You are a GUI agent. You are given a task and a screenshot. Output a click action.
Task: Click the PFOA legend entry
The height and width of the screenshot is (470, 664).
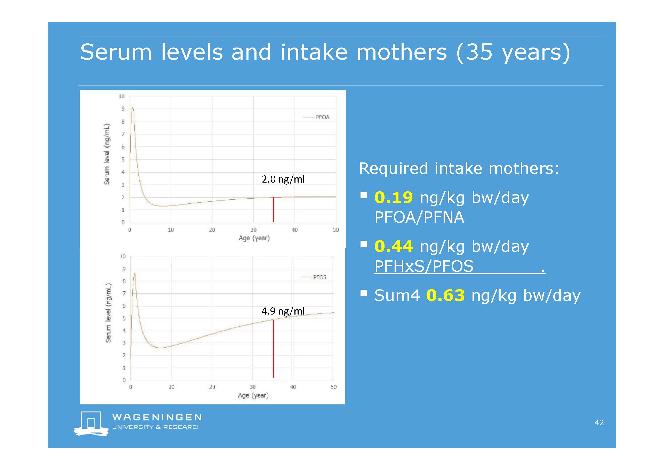[316, 117]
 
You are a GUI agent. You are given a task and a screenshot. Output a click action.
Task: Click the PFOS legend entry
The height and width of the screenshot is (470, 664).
[313, 277]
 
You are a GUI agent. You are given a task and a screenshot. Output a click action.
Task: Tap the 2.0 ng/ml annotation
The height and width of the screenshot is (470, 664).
[283, 179]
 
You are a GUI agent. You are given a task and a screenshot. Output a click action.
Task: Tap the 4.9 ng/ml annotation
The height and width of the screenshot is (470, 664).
[283, 311]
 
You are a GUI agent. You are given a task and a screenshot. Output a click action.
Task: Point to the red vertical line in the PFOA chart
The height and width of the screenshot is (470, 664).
[274, 209]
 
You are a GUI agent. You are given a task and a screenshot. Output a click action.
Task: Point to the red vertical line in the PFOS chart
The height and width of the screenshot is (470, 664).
[274, 348]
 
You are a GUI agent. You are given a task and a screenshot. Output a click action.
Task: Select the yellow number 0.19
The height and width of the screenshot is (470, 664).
[394, 197]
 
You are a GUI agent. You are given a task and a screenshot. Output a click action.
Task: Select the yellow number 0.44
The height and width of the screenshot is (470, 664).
[394, 246]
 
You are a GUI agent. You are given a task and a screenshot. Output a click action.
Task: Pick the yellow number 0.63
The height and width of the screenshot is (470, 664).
[445, 295]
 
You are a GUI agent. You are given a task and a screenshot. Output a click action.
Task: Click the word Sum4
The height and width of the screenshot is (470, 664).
[397, 295]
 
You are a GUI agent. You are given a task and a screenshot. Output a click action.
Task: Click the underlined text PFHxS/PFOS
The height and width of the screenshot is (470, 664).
[424, 266]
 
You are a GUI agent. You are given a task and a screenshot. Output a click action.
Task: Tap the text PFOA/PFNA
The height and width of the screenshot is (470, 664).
[419, 217]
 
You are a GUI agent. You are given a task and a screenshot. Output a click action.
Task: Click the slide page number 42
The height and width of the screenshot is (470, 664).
[599, 422]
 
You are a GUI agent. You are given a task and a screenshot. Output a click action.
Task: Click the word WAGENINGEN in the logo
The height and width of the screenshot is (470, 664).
[157, 417]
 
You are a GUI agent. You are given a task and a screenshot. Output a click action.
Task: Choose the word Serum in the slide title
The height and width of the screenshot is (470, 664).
[116, 52]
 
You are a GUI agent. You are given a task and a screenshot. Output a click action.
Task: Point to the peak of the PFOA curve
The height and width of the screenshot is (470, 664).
[132, 108]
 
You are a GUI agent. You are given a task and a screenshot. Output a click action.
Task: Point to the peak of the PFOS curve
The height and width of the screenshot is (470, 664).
[134, 273]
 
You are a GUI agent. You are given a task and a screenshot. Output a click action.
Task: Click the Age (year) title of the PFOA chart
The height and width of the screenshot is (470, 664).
[254, 238]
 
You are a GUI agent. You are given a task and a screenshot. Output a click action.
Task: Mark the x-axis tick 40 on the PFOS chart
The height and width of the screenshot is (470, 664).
[293, 387]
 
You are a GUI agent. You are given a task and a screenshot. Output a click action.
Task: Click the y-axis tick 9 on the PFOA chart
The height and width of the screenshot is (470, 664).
[123, 109]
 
